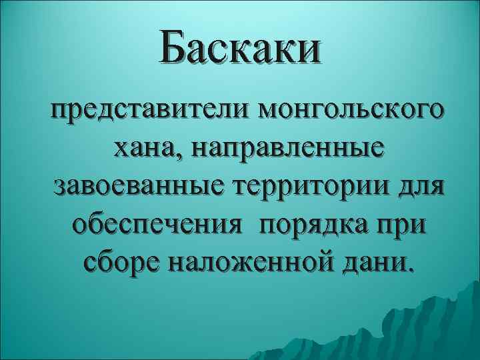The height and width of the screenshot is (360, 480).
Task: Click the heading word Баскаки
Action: click(x=240, y=49)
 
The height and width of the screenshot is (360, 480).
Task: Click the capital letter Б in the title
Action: click(x=176, y=49)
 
